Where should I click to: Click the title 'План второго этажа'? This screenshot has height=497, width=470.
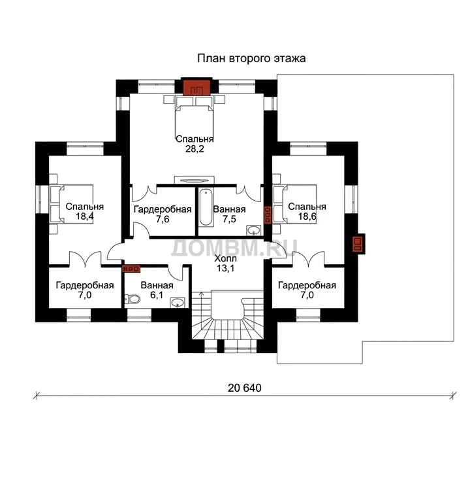click(251, 59)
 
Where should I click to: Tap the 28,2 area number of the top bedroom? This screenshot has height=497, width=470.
click(195, 148)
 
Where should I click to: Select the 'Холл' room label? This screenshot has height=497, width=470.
click(225, 258)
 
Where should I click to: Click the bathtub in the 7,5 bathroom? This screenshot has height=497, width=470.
click(205, 207)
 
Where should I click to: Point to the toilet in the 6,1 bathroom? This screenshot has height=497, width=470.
click(133, 299)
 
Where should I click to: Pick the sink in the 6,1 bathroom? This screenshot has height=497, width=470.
click(178, 303)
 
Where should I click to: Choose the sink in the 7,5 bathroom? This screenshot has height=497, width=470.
click(253, 230)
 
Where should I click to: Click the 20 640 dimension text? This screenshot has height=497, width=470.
click(245, 388)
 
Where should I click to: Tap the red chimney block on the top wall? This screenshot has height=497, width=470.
click(197, 87)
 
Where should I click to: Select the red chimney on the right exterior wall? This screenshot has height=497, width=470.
click(358, 244)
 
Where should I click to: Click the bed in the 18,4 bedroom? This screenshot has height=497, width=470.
click(71, 205)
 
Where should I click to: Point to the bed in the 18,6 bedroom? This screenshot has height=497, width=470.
click(295, 205)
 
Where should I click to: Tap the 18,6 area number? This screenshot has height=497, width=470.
click(307, 216)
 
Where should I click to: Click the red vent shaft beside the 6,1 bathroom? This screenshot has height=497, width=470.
click(131, 269)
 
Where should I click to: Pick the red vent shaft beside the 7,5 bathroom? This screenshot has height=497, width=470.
click(268, 215)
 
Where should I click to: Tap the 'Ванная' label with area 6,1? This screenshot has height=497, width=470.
click(157, 285)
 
